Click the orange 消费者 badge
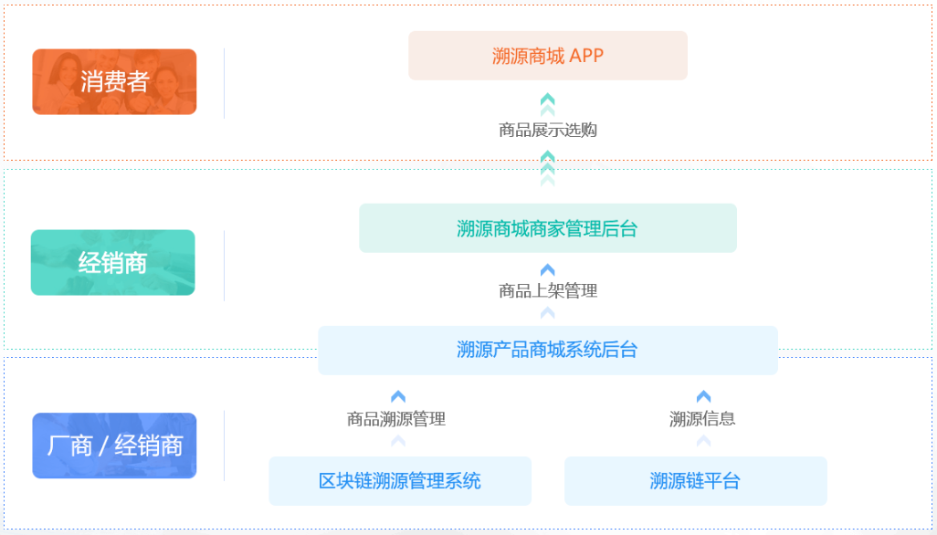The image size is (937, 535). tap(114, 82)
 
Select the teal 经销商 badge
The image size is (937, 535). tap(113, 263)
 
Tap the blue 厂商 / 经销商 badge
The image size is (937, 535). tap(114, 446)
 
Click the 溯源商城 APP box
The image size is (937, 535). tap(547, 56)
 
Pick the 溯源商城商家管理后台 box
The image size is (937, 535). tap(547, 228)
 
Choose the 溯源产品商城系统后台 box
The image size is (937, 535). tap(547, 350)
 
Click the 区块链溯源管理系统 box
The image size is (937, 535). tap(399, 481)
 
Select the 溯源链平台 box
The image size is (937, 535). tap(695, 481)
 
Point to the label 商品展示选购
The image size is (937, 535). tap(547, 130)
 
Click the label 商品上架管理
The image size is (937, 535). tap(547, 290)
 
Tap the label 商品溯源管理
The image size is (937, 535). tap(396, 419)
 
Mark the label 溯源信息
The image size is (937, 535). tap(702, 419)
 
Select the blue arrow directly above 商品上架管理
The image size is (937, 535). tap(547, 270)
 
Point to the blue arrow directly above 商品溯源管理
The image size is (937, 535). tap(398, 396)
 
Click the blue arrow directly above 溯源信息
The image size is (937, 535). tap(703, 396)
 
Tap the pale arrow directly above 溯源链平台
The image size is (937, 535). tap(703, 441)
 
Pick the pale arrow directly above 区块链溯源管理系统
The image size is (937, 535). tap(398, 441)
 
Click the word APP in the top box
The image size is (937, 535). tap(586, 56)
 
